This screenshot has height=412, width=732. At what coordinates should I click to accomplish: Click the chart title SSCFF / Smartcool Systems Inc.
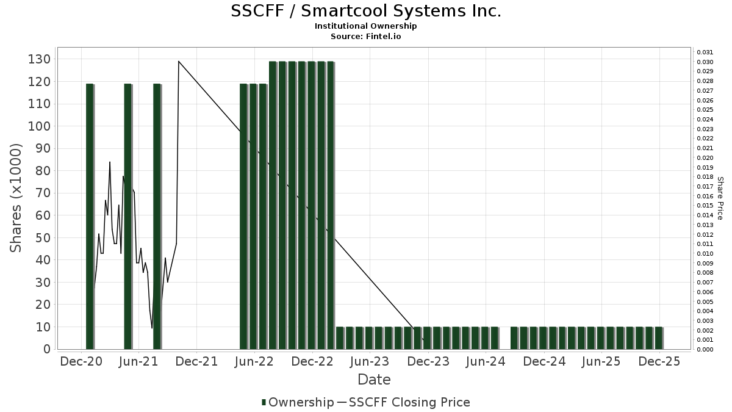[x=366, y=11]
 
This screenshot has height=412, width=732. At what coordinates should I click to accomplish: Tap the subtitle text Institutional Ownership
[x=366, y=26]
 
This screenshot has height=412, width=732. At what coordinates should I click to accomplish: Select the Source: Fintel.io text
[x=366, y=36]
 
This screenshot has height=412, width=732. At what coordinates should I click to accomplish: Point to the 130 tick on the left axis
[x=40, y=59]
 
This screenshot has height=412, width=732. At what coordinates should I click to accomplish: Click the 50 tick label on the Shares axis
[x=43, y=238]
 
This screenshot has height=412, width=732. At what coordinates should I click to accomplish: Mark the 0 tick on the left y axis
[x=46, y=349]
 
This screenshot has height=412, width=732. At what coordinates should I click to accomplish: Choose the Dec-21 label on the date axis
[x=197, y=362]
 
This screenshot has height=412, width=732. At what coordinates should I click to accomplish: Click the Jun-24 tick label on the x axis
[x=486, y=362]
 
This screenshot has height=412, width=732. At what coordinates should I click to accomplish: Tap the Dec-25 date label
[x=659, y=362]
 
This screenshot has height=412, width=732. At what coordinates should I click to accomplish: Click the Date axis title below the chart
[x=374, y=380]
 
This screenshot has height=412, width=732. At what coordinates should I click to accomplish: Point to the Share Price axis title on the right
[x=720, y=198]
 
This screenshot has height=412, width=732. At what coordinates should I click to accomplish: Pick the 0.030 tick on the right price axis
[x=705, y=62]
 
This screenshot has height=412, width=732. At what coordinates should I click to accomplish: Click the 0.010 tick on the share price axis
[x=705, y=253]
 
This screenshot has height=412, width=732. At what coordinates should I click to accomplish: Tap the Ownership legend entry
[x=297, y=402]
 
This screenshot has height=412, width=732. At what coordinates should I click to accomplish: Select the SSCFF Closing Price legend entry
[x=403, y=402]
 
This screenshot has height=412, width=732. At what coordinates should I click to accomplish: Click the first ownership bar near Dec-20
[x=90, y=217]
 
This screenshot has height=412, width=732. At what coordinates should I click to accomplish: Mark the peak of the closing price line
[x=178, y=61]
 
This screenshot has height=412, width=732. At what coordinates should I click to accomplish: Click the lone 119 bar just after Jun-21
[x=157, y=217]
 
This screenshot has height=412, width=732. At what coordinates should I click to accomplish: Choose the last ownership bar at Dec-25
[x=658, y=338]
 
